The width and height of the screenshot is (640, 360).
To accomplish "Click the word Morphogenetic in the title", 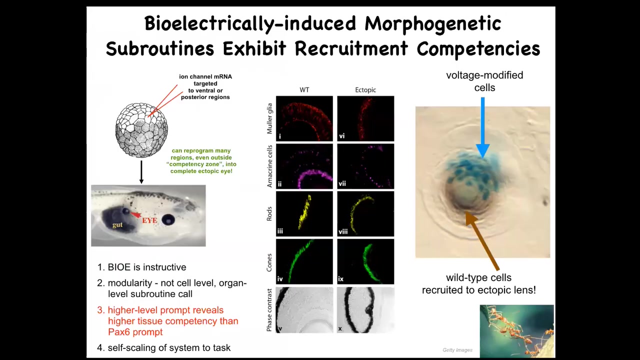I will click(x=432, y=23).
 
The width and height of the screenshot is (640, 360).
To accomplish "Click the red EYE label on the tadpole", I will click(x=149, y=220).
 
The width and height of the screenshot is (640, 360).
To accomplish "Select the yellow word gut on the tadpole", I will click(x=117, y=225).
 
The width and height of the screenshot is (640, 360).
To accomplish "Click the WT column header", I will click(x=304, y=90).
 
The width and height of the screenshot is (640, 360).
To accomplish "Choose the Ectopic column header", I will click(x=365, y=90).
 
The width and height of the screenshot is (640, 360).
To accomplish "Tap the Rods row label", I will click(x=269, y=213).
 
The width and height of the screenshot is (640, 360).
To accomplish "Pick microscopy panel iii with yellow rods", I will click(x=304, y=213).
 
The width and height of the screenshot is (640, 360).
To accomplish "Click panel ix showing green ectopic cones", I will click(x=365, y=261).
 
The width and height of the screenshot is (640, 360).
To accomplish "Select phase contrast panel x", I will click(x=365, y=309).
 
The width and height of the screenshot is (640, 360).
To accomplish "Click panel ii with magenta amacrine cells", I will click(x=304, y=166).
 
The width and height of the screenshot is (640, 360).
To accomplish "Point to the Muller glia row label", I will click(x=269, y=118).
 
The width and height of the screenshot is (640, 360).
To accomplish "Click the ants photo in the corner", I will click(x=516, y=330).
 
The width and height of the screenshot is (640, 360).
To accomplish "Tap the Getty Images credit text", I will click(x=457, y=350).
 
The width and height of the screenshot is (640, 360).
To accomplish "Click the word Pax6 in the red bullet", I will click(x=120, y=332).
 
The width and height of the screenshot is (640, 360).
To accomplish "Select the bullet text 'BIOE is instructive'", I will click(x=146, y=267).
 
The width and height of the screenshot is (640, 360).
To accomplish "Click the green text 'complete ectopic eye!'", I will click(x=201, y=171).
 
